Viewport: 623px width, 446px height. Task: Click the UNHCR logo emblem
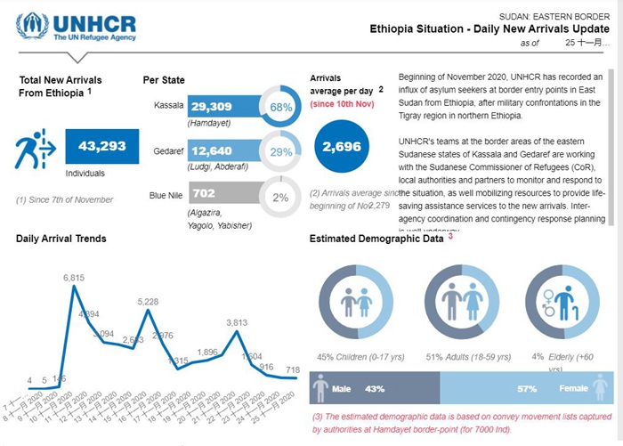click(32, 26)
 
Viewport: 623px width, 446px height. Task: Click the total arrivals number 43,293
click(102, 147)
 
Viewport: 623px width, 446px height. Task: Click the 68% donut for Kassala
click(281, 108)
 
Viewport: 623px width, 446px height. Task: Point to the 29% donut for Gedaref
click(281, 152)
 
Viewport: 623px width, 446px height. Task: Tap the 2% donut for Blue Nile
click(281, 197)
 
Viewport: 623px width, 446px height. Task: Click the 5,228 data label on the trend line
click(148, 303)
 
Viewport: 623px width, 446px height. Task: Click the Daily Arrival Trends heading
click(61, 239)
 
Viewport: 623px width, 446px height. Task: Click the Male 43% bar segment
click(374, 389)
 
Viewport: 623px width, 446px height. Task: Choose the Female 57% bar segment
click(525, 389)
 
